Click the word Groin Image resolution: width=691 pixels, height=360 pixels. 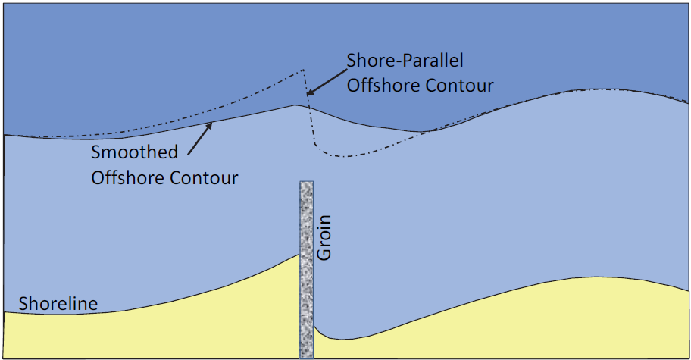[x=324, y=237]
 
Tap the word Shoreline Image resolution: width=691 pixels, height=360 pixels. [x=58, y=304]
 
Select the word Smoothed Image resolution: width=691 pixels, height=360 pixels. [x=134, y=152]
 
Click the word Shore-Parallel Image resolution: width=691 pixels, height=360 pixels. [x=405, y=61]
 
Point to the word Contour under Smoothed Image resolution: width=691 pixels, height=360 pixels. [x=204, y=177]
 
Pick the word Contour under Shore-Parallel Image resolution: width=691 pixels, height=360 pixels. [x=460, y=85]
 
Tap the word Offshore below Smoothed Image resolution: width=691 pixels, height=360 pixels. [x=128, y=177]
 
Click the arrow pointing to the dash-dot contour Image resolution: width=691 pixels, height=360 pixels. [x=327, y=82]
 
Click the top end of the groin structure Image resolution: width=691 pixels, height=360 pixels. [x=307, y=182]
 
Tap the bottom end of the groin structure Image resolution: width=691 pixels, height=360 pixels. [x=307, y=358]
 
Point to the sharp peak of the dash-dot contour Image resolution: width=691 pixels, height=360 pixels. [x=303, y=70]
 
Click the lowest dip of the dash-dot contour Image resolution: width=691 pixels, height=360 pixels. [x=346, y=156]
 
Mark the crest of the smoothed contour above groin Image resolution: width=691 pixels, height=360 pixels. [x=295, y=105]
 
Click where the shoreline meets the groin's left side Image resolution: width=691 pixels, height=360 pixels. [x=300, y=254]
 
